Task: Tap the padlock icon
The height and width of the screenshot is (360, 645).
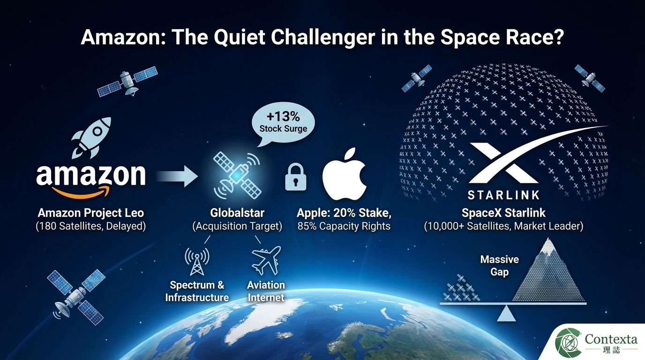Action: tap(296, 177)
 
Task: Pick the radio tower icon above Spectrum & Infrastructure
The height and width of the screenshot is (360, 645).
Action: tap(197, 261)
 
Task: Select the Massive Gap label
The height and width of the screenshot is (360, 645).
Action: tap(499, 265)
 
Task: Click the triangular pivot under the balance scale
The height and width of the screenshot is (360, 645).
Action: tap(506, 314)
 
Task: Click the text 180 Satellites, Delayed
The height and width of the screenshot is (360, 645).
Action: tap(91, 226)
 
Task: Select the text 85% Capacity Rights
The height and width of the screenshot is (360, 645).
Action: tap(344, 226)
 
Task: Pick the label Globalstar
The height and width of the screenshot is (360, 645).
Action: tap(237, 213)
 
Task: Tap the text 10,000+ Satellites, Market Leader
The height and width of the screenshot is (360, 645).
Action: tap(503, 226)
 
